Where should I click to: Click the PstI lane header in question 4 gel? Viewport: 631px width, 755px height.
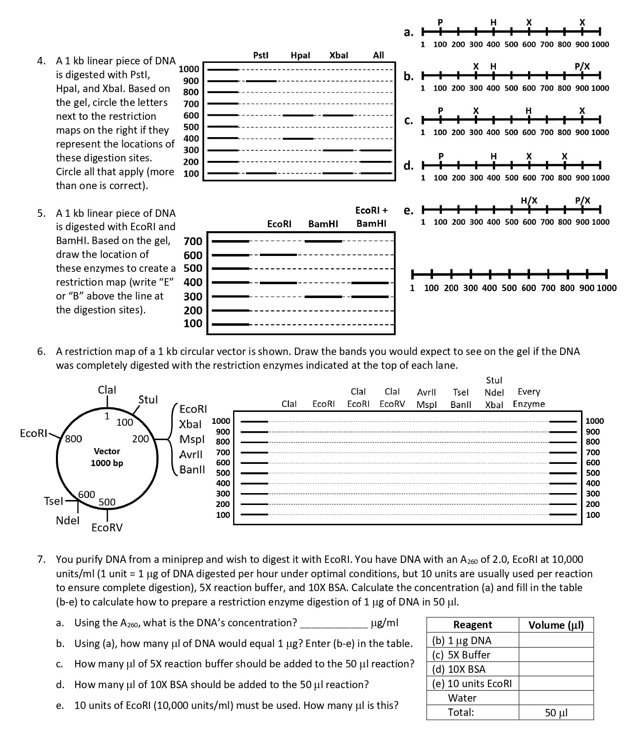260,55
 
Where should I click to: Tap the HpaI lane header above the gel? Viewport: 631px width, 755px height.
300,55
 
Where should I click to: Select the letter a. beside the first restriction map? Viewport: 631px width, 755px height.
409,33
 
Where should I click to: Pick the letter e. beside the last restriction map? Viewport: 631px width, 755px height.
409,210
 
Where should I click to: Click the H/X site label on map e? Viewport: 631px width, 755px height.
529,200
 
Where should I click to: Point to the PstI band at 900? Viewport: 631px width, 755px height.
261,81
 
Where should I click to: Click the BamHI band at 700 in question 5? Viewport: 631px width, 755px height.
323,241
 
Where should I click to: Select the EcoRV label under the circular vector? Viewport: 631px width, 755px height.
107,527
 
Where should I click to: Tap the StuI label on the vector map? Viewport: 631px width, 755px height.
148,399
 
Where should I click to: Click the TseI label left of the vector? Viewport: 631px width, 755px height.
53,501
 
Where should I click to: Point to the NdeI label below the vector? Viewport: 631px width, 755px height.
67,520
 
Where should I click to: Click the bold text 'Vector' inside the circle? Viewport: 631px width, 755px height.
107,451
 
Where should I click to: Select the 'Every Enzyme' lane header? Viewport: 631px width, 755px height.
529,398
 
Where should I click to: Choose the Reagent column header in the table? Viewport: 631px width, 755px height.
473,625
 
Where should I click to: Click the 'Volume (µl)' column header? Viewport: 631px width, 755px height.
556,625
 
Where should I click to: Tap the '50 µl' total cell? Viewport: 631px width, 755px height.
556,712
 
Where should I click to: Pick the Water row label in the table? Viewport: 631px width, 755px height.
462,698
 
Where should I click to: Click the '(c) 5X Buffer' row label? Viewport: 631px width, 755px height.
461,655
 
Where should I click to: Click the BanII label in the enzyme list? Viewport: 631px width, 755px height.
192,469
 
